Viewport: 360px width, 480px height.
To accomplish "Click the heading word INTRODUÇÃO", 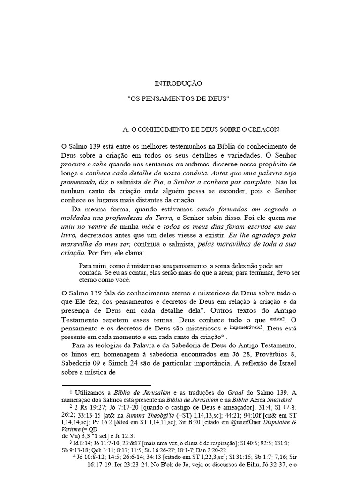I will click(x=178, y=83).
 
